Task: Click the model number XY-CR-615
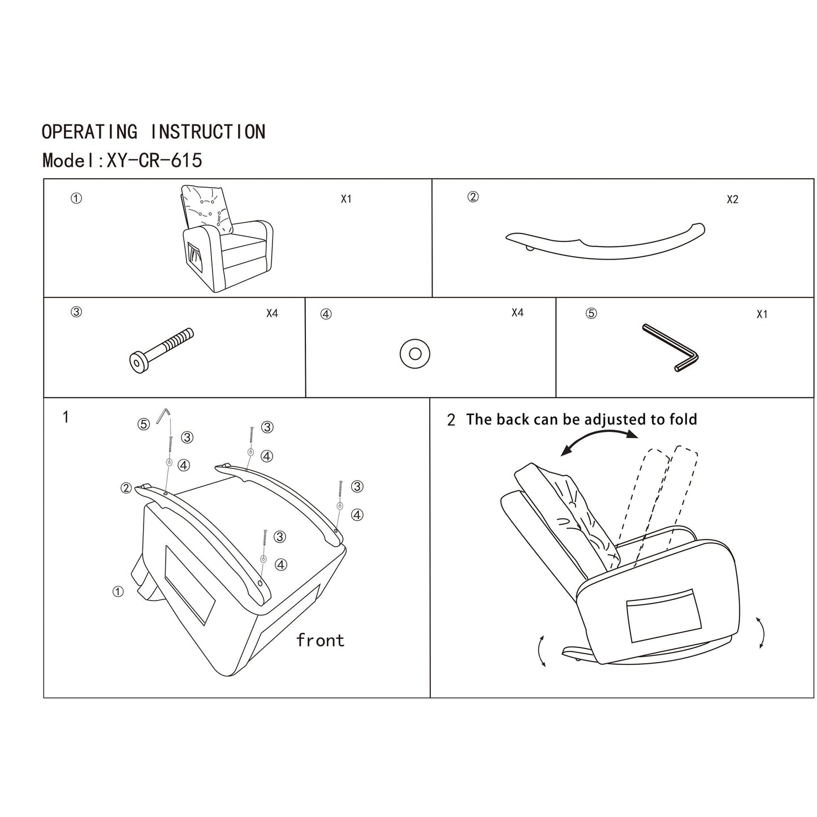coord(154,161)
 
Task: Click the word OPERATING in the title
coord(89,132)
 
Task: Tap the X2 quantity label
coord(732,200)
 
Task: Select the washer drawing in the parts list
coord(414,354)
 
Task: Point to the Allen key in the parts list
coord(671,348)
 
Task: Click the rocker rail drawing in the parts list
coord(605,242)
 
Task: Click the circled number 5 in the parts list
coord(591,313)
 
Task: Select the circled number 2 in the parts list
coord(473,197)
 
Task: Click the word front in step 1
coord(320,641)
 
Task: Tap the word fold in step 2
coord(682,420)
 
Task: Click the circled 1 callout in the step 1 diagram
coord(118,591)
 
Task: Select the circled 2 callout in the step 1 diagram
coord(126,488)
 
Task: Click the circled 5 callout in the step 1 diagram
coord(144,424)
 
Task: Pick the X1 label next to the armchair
coord(346,199)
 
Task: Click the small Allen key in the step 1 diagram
coord(164,415)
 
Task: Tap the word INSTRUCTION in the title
coord(208,132)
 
